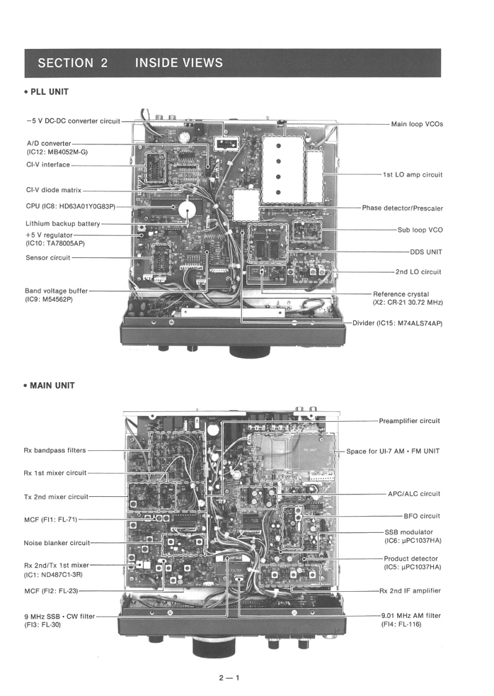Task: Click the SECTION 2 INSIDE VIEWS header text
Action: (x=130, y=63)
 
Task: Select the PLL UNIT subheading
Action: (x=46, y=92)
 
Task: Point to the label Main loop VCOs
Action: (x=416, y=124)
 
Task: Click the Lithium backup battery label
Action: (x=63, y=223)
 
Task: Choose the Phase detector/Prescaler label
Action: (x=402, y=208)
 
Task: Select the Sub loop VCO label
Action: (x=420, y=230)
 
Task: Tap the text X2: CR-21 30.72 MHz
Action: (x=407, y=302)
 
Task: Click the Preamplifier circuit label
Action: (x=409, y=421)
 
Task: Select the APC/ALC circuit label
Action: (x=413, y=494)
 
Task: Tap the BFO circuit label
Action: (x=421, y=515)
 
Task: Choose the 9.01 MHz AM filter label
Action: (x=411, y=615)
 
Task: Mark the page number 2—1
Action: (x=228, y=677)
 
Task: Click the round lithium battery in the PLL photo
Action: (x=189, y=209)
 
